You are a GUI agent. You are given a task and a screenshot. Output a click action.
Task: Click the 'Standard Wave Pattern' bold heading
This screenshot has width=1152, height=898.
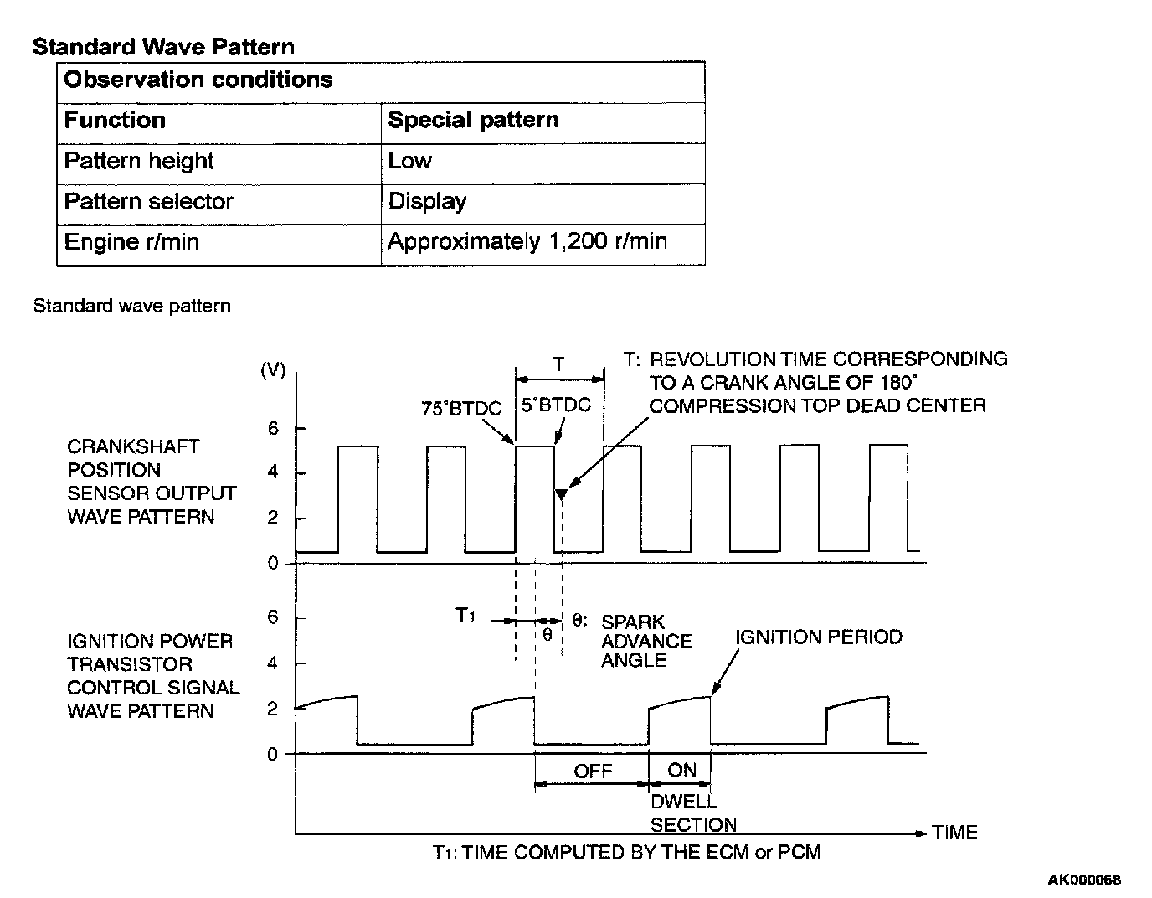(x=163, y=47)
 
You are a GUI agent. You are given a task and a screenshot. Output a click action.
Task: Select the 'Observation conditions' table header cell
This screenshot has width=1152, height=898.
(x=198, y=80)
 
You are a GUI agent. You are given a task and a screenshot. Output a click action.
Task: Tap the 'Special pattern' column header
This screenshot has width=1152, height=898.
(x=473, y=121)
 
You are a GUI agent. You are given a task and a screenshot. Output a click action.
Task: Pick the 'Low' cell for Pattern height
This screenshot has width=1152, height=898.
(x=410, y=161)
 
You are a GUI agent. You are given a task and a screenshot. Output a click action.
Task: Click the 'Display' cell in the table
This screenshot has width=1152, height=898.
(x=427, y=202)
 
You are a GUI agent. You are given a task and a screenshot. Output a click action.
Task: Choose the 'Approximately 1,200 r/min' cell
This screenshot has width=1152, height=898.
(x=527, y=242)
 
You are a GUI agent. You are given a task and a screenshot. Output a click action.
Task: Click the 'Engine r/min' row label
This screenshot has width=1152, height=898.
(x=131, y=242)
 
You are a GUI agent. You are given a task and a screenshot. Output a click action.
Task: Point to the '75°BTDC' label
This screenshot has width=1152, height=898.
(x=461, y=409)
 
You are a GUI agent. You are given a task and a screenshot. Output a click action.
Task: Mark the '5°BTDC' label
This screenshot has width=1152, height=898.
(x=555, y=405)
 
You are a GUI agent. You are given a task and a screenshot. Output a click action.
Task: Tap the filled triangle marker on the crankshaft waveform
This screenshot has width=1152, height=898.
(x=562, y=494)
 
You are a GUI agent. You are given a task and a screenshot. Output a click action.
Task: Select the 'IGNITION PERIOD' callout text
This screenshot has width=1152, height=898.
(x=819, y=637)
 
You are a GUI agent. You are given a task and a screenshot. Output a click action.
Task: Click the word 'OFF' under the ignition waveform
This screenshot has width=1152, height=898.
(x=593, y=771)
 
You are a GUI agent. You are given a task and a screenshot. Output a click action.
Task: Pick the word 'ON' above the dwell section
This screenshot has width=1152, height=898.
(x=681, y=770)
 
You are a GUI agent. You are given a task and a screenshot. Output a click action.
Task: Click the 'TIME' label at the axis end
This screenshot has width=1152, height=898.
(x=954, y=833)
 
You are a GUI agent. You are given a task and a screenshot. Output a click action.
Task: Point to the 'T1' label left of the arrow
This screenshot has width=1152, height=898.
(x=465, y=616)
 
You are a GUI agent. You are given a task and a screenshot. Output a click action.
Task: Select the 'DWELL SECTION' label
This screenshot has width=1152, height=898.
(x=693, y=813)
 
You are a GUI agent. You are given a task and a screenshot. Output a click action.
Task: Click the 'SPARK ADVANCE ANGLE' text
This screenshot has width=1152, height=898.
(x=646, y=641)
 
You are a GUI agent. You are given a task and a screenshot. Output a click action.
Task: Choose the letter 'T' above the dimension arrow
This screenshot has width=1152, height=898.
(x=558, y=364)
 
